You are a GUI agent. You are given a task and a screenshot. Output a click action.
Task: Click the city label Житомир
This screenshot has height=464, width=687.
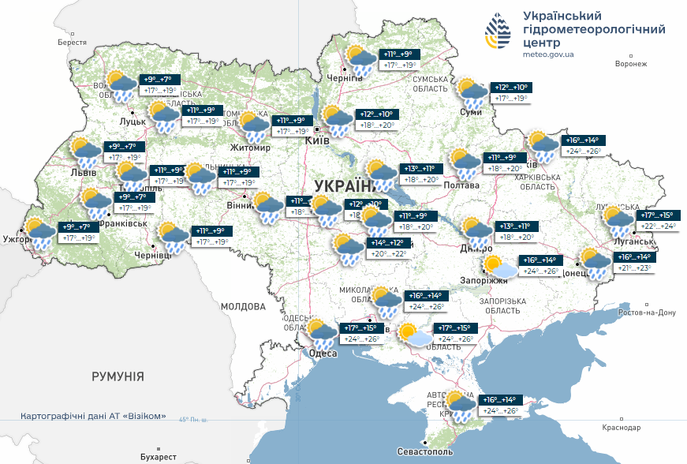click(x=249, y=148)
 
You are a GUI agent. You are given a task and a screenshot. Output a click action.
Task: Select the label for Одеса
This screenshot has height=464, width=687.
click(x=323, y=353)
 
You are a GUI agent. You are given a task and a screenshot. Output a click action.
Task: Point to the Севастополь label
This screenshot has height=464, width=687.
click(x=426, y=453)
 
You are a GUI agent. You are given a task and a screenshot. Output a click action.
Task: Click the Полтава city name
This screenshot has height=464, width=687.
click(x=461, y=185)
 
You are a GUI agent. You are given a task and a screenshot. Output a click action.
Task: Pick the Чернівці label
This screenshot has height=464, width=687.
click(x=152, y=256)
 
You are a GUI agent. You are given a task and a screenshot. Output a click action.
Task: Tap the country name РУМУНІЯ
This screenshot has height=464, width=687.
click(x=118, y=376)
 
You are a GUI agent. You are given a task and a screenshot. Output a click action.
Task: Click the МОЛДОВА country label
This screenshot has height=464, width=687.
click(x=243, y=306)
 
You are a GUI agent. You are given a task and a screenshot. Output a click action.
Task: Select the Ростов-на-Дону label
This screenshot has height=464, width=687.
click(x=647, y=312)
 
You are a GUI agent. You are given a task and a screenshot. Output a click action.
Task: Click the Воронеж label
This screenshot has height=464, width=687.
click(x=630, y=64)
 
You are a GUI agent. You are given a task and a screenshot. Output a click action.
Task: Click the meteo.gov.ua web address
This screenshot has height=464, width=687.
click(x=548, y=54)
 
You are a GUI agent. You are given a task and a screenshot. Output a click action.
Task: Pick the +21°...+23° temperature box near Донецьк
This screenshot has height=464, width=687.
click(x=633, y=268)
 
